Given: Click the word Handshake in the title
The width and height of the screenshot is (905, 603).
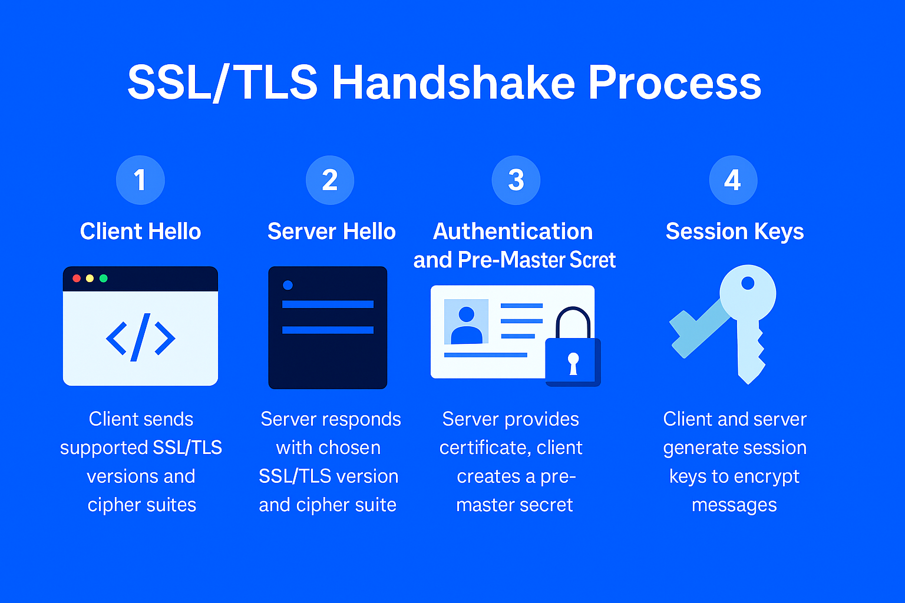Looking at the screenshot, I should [x=453, y=82].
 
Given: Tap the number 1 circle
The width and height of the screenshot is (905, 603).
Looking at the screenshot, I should [x=140, y=180].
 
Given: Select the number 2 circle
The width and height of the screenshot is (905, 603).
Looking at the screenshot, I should [x=330, y=180].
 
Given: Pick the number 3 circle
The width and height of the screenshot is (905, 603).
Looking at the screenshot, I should [x=516, y=180].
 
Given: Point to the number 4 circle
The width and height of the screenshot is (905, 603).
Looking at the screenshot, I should [x=733, y=180].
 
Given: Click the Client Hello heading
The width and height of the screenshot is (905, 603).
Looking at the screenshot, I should [x=140, y=231].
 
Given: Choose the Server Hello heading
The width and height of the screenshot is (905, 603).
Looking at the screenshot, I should [x=331, y=231].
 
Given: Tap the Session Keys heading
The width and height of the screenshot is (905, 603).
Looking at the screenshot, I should [x=734, y=231].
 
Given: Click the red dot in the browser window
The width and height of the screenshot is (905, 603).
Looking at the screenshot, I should [x=77, y=279].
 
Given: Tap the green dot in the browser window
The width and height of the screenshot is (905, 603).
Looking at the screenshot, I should [x=104, y=279].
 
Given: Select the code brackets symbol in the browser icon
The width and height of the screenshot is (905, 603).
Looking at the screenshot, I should [x=140, y=337].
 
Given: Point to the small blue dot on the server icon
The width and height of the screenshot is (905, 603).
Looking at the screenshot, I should [x=288, y=286].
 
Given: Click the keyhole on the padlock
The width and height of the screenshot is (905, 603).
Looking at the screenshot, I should [x=573, y=363].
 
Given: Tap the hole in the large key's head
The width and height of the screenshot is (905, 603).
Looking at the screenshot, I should [x=748, y=283].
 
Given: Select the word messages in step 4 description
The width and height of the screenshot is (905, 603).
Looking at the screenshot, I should [x=734, y=505].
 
